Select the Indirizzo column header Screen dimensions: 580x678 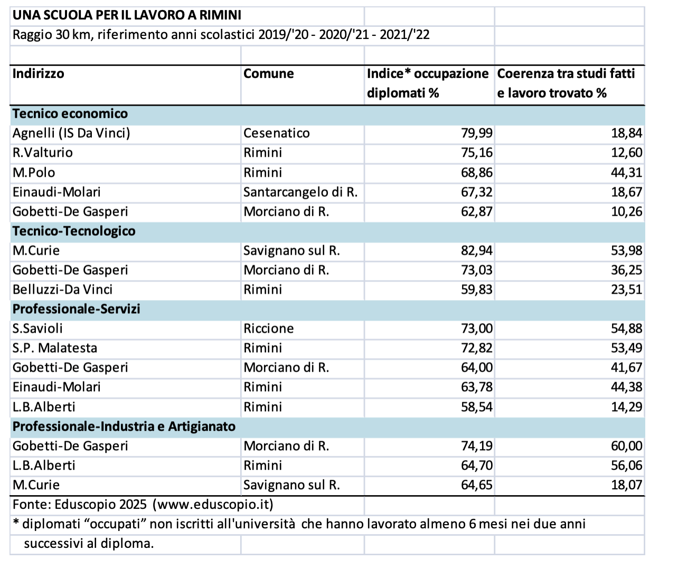point(39,74)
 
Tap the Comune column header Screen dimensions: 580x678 point(268,74)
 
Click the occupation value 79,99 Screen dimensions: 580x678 point(476,133)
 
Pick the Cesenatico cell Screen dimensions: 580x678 point(276,133)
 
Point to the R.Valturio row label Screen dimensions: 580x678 point(43,153)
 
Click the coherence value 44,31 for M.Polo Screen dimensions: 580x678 point(627,172)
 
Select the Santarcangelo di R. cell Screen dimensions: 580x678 point(300,192)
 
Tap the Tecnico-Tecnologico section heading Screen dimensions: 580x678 point(74,231)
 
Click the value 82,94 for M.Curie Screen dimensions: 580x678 point(476,250)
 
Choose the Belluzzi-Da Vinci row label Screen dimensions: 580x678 point(62,289)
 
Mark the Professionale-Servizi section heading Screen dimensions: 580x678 point(77,309)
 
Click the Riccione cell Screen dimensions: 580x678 point(268,328)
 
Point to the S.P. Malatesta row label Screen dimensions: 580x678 point(55,348)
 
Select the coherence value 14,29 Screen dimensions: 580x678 point(627,407)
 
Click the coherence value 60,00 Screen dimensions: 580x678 point(627,446)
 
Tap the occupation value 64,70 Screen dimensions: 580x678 point(476,466)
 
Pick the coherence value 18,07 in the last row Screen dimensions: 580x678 point(627,485)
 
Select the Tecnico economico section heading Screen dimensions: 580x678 point(70,113)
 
